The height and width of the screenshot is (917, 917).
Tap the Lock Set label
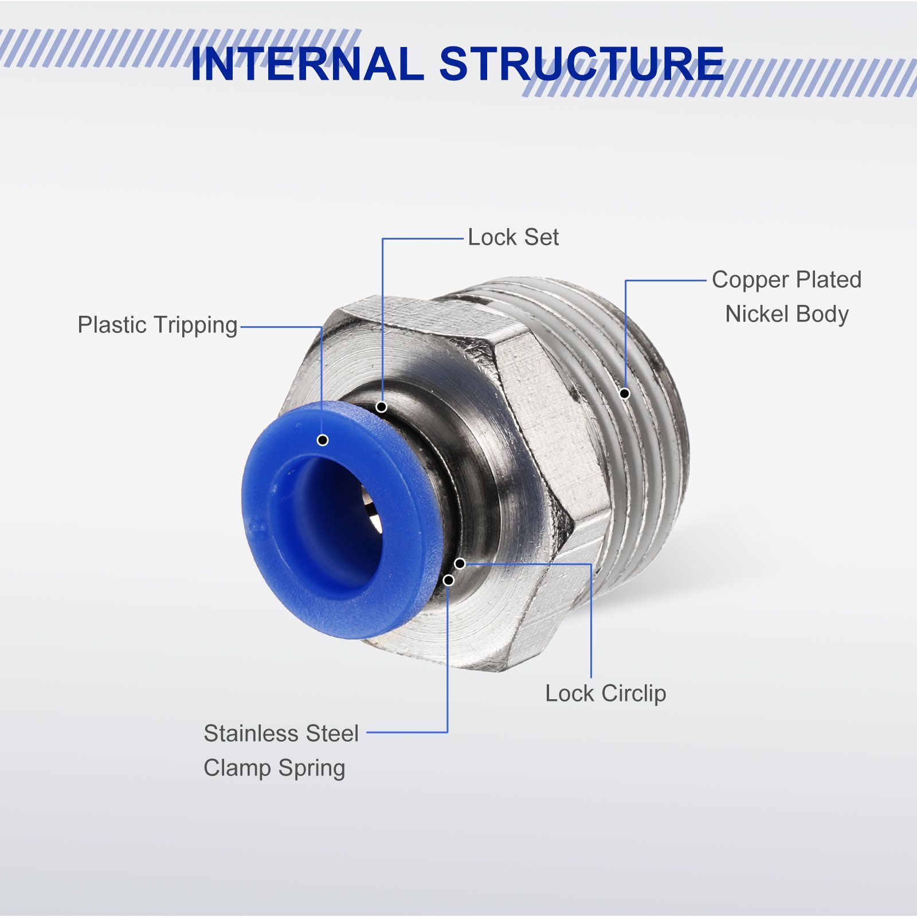tap(513, 237)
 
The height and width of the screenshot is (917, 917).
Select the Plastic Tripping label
tap(158, 325)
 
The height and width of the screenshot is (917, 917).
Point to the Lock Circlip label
tap(605, 693)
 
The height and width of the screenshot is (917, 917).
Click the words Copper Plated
tap(786, 280)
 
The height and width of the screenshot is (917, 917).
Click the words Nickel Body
tap(786, 314)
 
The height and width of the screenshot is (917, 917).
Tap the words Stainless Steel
tap(281, 734)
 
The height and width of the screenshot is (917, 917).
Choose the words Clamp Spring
tap(274, 768)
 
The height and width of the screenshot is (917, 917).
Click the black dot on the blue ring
tap(323, 440)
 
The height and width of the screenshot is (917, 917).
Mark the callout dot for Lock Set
tap(382, 407)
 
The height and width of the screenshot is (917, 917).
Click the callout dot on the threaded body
tap(625, 393)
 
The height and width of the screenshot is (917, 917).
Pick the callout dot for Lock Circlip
tap(460, 563)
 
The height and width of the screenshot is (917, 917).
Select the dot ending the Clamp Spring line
tap(449, 581)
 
